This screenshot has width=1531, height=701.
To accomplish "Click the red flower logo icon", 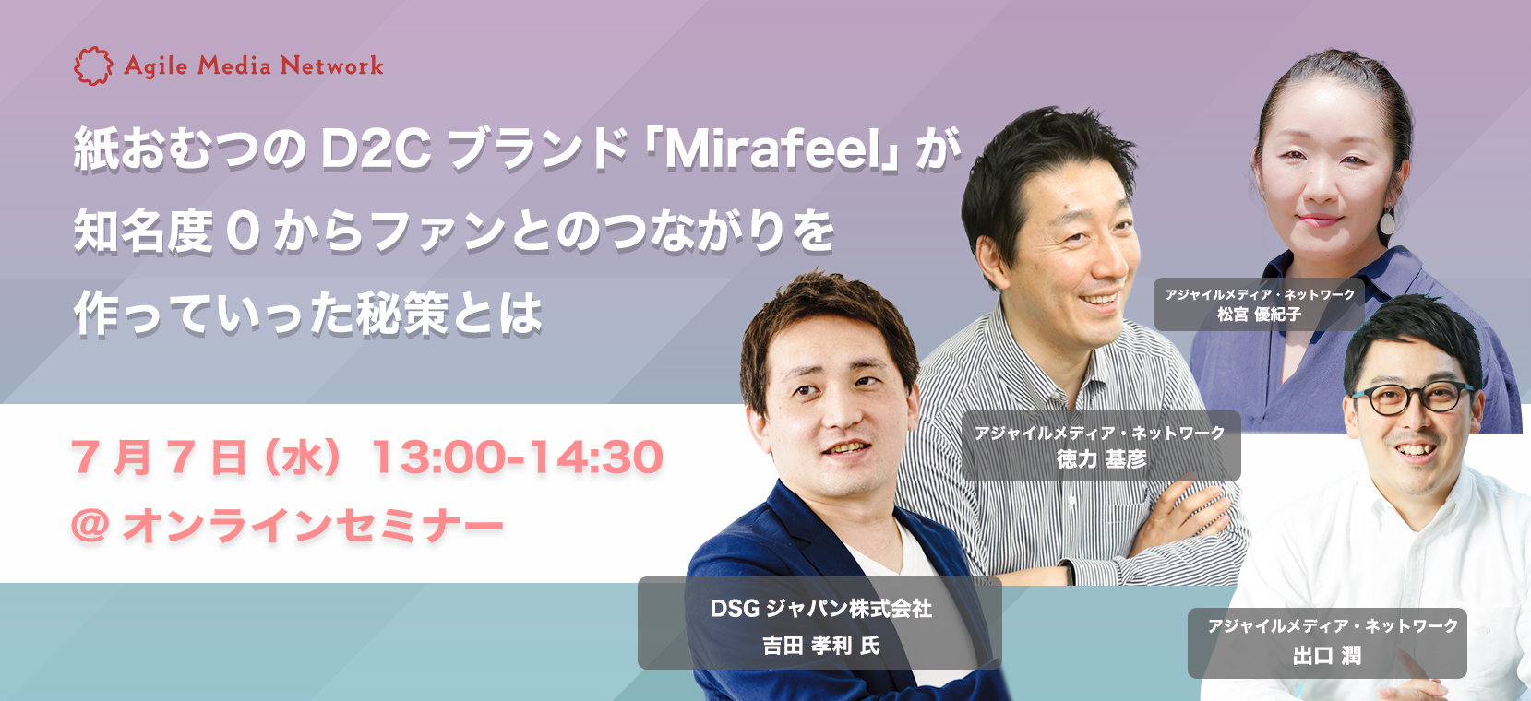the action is coord(93,65).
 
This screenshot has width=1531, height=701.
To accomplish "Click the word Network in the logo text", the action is coord(332,65).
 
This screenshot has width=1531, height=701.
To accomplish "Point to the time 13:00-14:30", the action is coord(517,457).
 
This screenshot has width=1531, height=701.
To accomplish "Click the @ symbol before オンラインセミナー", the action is coord(90,526).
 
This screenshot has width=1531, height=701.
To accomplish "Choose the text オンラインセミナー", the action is coord(312,526).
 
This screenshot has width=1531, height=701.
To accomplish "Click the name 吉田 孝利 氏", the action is coord(820,645).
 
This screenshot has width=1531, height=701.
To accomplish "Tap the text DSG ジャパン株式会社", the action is coord(820,608).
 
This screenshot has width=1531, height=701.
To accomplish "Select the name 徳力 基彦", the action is coord(1101,459).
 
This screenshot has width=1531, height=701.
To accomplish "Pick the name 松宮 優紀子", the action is coord(1259,315).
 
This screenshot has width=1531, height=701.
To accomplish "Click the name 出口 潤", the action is coord(1327,656).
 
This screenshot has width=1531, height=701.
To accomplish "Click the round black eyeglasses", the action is coord(1412,398).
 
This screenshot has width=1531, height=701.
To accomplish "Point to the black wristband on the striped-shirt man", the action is coord(1069,571).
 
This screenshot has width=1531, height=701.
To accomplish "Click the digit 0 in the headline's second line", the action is coord(243,232).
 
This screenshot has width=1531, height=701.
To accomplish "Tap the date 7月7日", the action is coord(158,457).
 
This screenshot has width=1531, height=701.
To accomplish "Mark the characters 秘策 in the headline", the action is coord(401,314).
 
